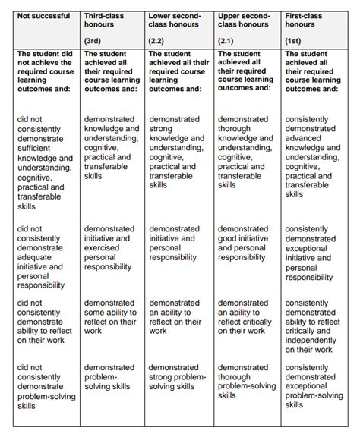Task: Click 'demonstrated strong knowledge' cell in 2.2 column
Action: pyautogui.click(x=176, y=152)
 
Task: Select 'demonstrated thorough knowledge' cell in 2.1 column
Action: pyautogui.click(x=245, y=152)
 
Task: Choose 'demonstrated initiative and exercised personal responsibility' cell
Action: pyautogui.click(x=110, y=248)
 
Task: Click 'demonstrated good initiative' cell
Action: pyautogui.click(x=245, y=243)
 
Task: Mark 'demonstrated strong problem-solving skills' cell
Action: pyautogui.click(x=176, y=376)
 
